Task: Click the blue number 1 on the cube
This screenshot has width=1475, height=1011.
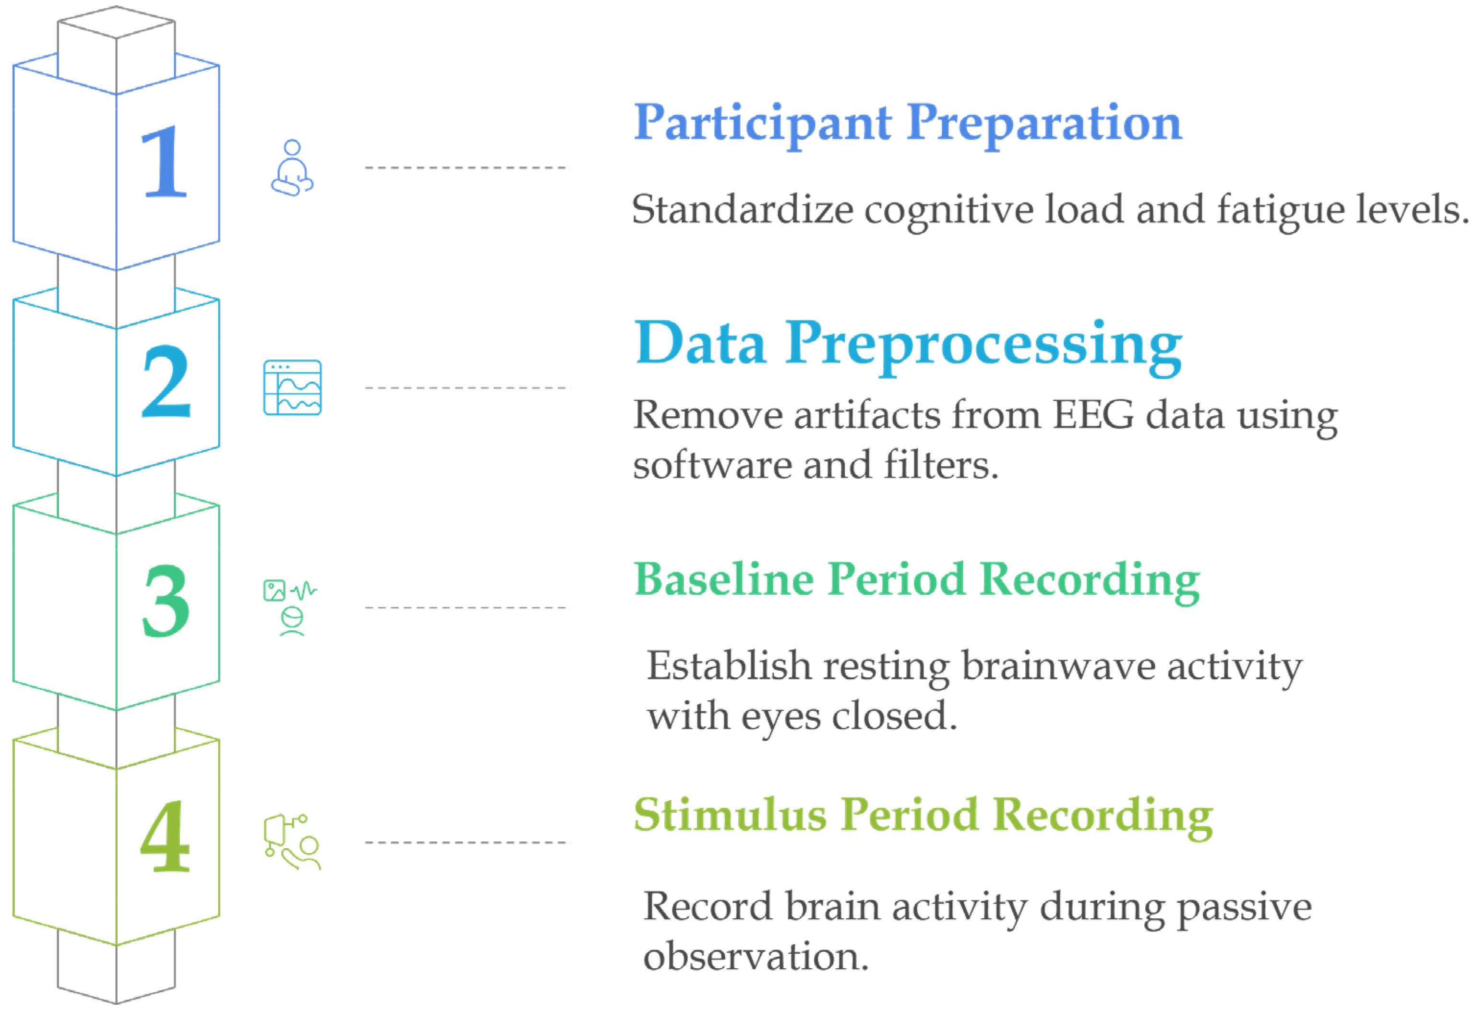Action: point(164,162)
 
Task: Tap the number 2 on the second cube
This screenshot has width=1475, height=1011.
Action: point(166,382)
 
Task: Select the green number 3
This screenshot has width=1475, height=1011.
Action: point(166,601)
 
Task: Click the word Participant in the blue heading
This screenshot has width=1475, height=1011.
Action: point(763,124)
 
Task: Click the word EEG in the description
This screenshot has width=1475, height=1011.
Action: point(1093,416)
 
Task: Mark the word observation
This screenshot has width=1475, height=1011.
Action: point(755,956)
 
